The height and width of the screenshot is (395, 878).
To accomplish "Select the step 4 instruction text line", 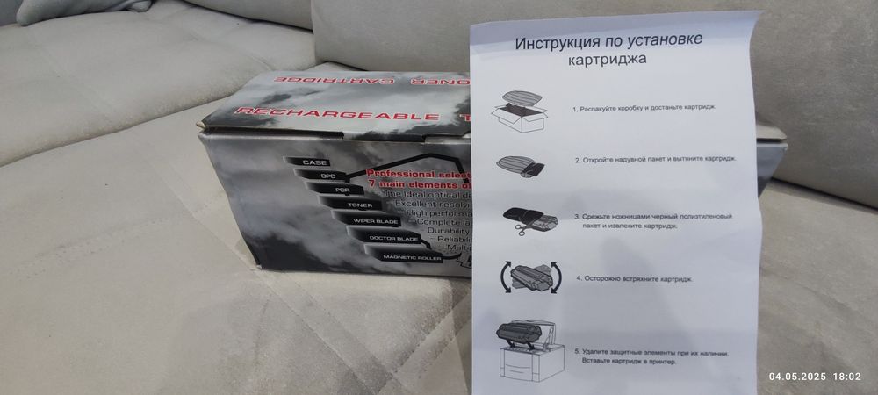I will [x=634, y=278].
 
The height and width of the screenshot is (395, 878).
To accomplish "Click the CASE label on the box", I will [x=313, y=163].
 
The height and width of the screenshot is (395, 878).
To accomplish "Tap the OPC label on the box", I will [x=327, y=176].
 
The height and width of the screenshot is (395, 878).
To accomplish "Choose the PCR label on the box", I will [x=340, y=190].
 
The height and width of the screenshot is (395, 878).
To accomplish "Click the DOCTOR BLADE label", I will [x=392, y=238].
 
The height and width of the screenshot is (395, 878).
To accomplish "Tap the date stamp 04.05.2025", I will [x=797, y=377].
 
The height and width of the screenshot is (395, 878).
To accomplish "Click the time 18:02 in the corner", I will [x=846, y=377].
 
